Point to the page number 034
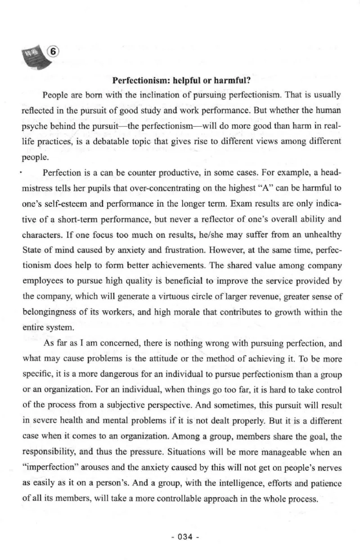pyautogui.click(x=180, y=537)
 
